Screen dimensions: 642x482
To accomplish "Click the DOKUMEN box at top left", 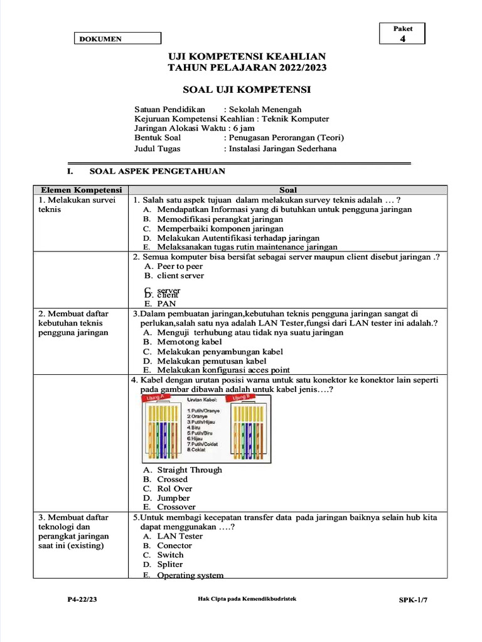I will [118, 39].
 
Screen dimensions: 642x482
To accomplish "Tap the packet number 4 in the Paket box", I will [402, 39].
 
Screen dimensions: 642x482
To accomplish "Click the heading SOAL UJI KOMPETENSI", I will [247, 90].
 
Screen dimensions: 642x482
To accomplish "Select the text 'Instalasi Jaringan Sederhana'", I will [282, 149].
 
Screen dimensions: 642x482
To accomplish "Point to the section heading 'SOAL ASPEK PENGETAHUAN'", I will [158, 171].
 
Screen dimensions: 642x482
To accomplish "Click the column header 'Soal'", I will [288, 190].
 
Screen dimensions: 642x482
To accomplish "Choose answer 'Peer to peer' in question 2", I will [179, 266].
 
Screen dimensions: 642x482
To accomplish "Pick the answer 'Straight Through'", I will [189, 470].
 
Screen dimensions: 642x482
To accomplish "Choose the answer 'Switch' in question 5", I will [170, 555].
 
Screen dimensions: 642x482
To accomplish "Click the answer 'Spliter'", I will [170, 564].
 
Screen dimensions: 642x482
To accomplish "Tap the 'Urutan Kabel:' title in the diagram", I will [201, 399].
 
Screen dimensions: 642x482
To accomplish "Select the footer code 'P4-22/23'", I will [82, 600].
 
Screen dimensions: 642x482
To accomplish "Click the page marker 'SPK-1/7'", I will [413, 600].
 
